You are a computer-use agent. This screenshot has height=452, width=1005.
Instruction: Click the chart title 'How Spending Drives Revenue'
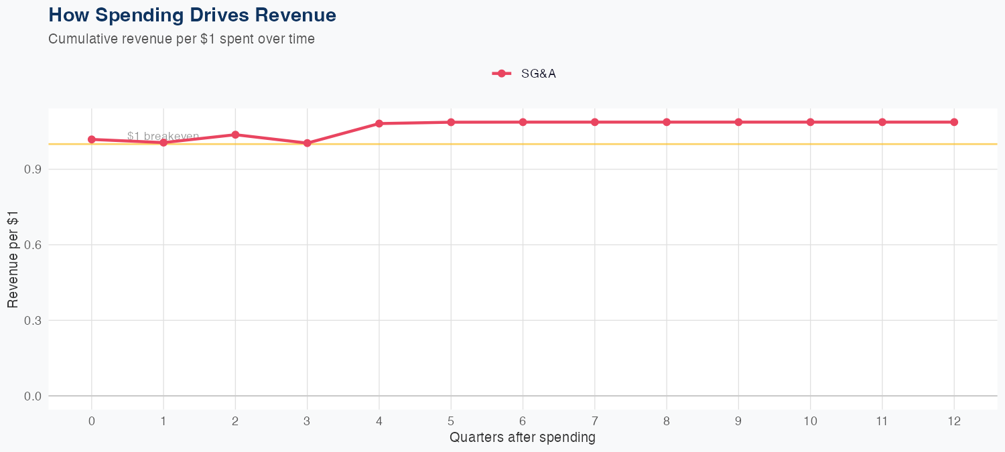[x=192, y=15]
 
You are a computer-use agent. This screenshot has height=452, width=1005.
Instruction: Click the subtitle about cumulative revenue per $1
[x=182, y=39]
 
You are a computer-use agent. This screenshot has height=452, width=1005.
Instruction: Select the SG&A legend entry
[x=524, y=74]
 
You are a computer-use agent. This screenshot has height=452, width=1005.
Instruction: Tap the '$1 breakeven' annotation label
[x=163, y=136]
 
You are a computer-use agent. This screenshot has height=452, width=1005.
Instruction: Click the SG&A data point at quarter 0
[x=92, y=139]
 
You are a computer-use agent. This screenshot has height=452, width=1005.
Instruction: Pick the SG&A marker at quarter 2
[x=235, y=135]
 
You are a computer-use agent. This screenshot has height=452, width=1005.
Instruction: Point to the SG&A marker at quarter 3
[x=308, y=143]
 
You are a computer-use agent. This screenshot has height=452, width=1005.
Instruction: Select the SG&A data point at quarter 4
[x=379, y=123]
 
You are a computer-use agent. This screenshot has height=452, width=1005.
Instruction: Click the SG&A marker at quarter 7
[x=595, y=122]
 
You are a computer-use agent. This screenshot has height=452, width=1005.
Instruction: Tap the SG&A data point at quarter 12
[x=954, y=122]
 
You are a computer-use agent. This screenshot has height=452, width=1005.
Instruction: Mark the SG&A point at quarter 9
[x=738, y=122]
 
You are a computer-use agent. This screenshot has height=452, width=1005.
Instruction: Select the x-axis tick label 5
[x=451, y=421]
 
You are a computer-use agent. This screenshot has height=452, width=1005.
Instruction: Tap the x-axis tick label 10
[x=810, y=421]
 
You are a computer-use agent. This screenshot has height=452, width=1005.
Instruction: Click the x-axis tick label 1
[x=163, y=421]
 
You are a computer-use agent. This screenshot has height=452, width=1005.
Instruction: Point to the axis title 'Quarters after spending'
[x=523, y=438]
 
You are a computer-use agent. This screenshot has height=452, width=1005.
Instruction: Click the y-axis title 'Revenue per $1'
[x=13, y=259]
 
